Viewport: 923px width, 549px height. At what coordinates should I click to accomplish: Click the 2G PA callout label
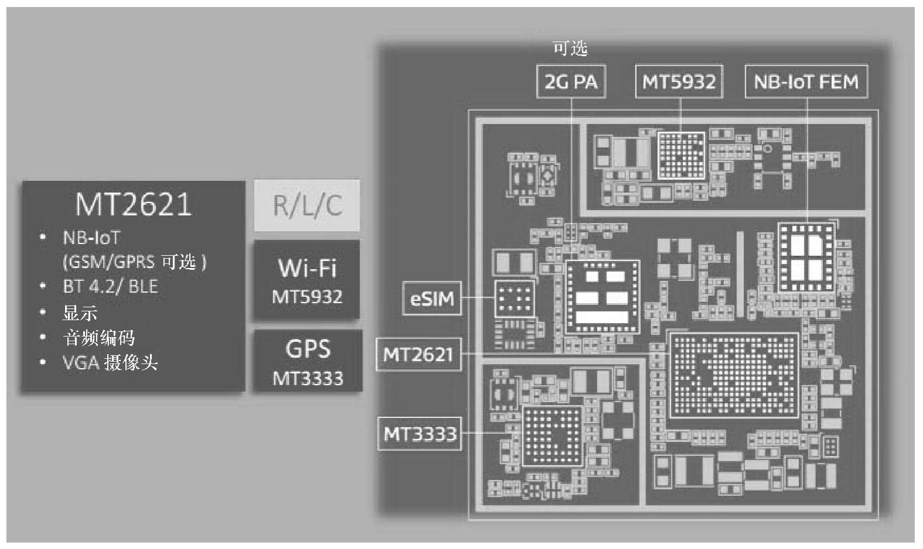[571, 82]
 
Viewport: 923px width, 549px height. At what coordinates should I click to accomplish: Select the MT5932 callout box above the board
[679, 82]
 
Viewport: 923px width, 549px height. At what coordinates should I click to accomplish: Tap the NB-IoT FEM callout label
[806, 82]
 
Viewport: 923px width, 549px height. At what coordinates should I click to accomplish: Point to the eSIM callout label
[432, 299]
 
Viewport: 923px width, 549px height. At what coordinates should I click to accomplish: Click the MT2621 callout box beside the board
[418, 354]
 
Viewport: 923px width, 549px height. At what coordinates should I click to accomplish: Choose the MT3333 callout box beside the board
[419, 434]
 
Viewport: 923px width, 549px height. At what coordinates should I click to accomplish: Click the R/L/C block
[307, 205]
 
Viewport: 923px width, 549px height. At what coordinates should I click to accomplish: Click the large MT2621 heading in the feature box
[134, 204]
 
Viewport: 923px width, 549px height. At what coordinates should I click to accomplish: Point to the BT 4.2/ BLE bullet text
[110, 286]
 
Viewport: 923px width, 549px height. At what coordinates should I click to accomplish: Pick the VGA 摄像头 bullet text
[110, 363]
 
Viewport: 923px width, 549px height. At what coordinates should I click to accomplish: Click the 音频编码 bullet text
[98, 338]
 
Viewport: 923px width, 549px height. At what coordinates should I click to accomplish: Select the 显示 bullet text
[80, 313]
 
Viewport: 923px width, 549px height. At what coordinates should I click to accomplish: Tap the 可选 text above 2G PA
[570, 49]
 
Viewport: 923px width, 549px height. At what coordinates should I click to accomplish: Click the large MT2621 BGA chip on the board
[734, 375]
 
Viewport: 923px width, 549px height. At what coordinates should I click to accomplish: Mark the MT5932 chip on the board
[681, 155]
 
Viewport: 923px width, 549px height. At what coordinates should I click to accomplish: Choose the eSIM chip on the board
[514, 298]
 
